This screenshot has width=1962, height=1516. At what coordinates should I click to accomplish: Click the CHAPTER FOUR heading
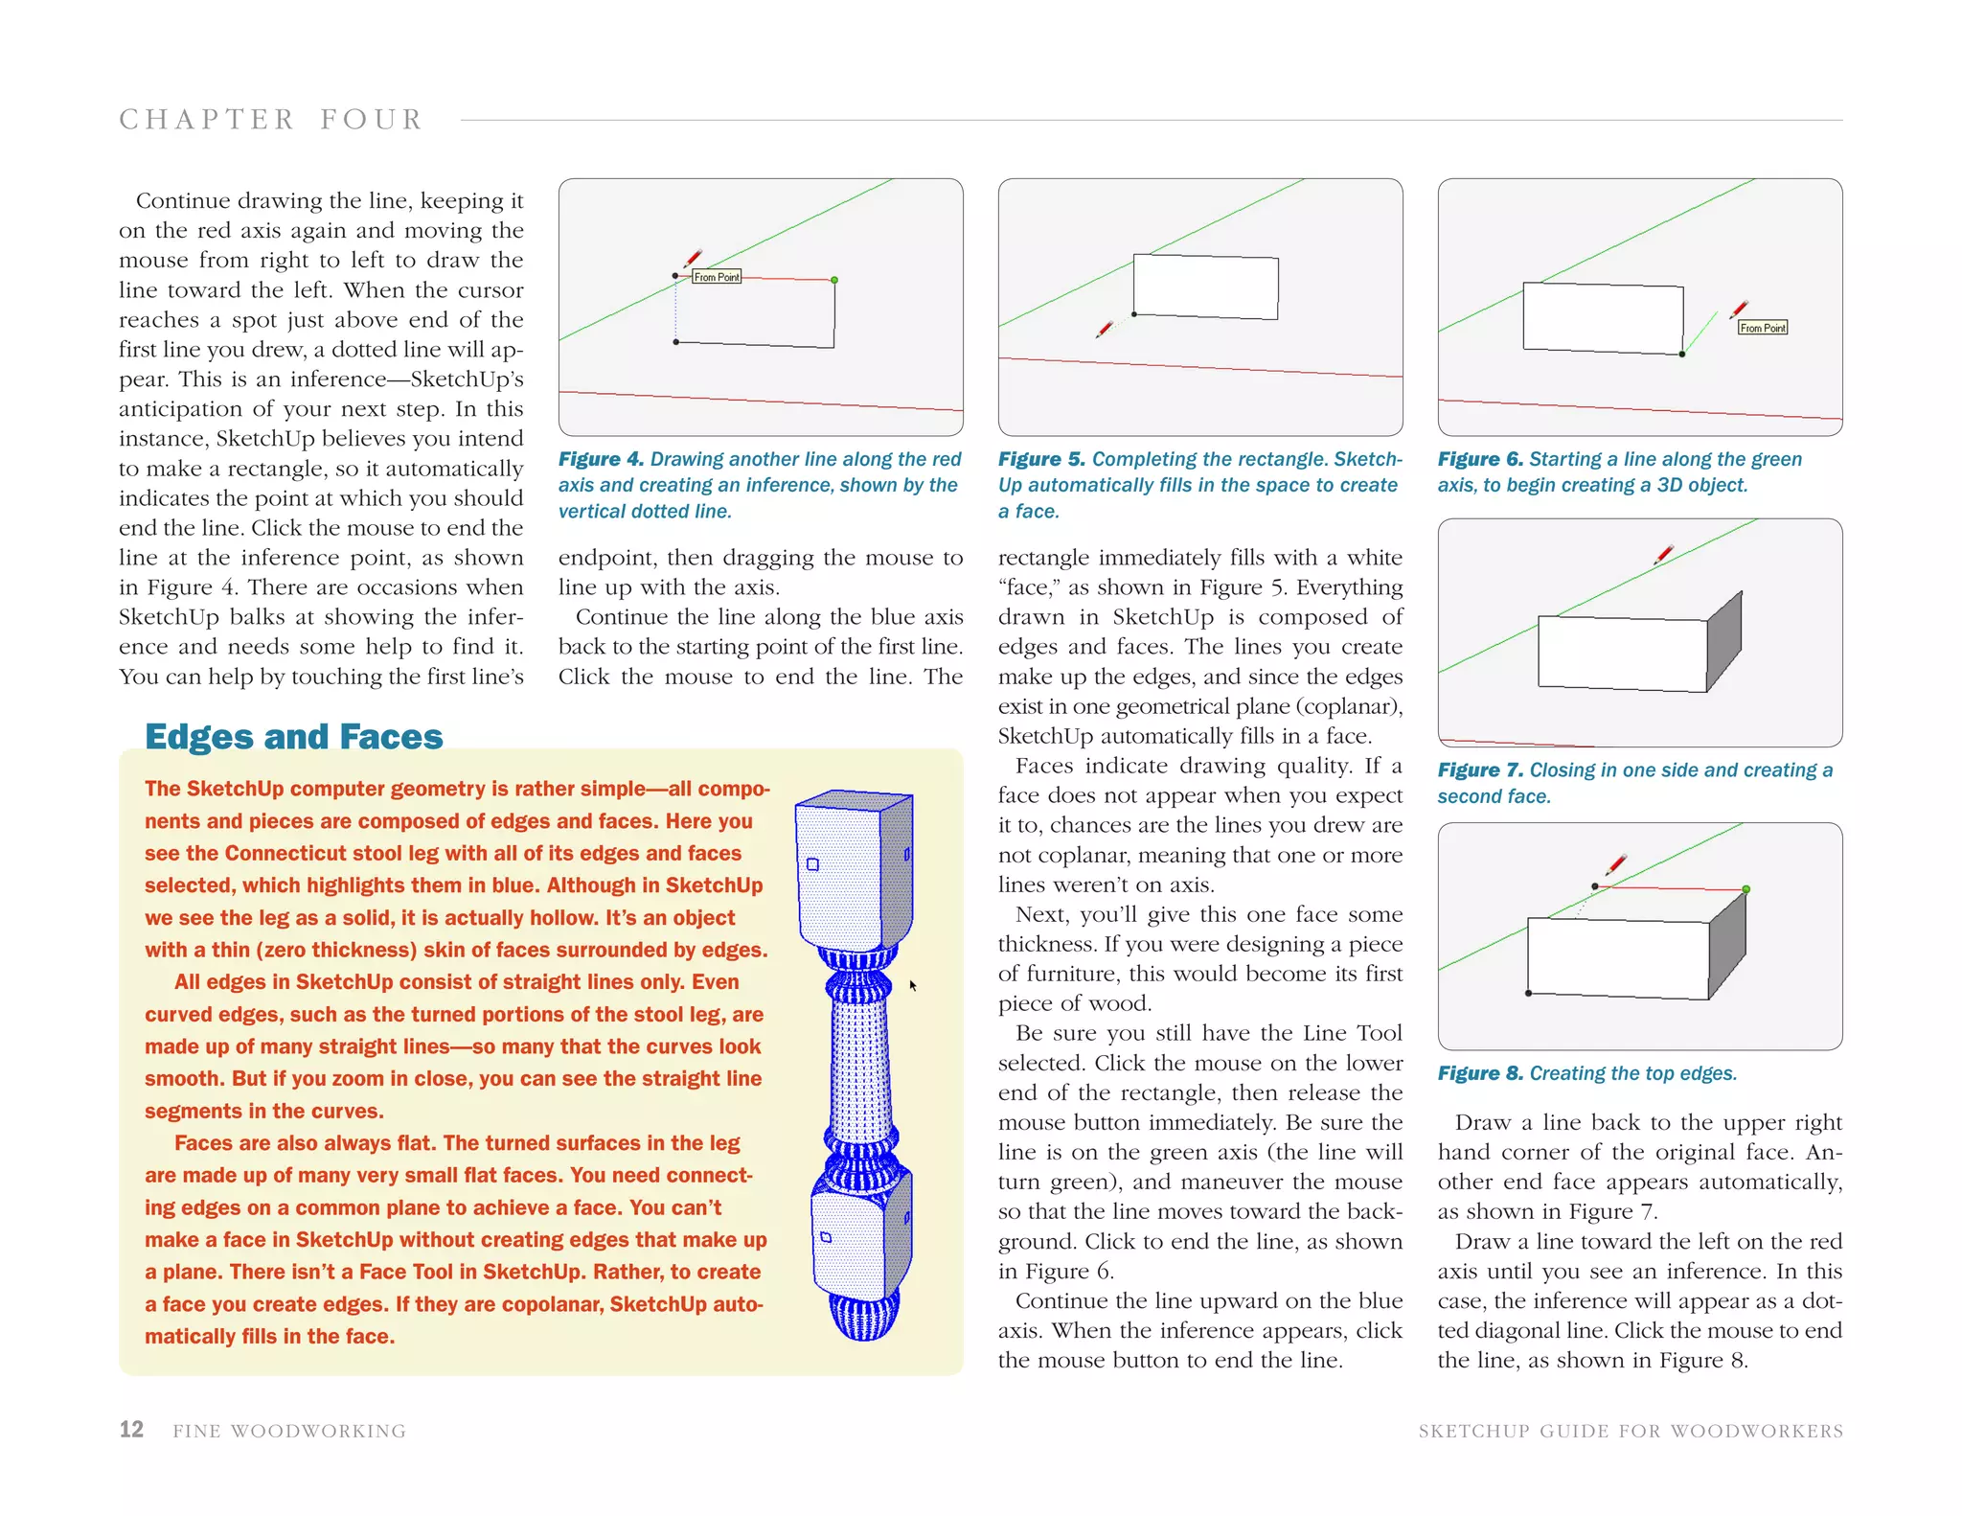[271, 120]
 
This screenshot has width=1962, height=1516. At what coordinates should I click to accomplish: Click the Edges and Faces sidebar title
[293, 736]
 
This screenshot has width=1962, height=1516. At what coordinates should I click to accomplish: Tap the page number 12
[131, 1430]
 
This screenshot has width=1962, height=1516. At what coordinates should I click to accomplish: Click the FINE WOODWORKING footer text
[289, 1431]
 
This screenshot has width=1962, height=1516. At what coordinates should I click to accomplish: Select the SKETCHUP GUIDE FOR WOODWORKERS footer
[1630, 1431]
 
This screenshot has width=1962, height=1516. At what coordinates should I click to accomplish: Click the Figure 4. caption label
[601, 460]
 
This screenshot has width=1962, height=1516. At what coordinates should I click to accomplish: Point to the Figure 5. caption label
[1040, 460]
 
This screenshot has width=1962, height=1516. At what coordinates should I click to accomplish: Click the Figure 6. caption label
[1479, 460]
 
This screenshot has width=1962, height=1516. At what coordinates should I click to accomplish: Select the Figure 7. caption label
[1479, 770]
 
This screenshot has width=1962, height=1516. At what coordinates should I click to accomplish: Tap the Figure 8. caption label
[1479, 1073]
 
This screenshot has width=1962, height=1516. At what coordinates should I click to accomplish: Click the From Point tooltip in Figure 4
[717, 277]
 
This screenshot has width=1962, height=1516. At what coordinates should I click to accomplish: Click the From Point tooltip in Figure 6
[1762, 328]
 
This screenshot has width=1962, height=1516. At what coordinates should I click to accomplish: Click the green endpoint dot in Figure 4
[834, 280]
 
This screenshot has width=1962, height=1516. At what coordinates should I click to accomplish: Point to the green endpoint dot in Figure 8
[1745, 889]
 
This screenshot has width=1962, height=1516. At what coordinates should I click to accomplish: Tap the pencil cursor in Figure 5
[1105, 329]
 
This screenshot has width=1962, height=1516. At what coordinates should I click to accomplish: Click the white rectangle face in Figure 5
[1205, 286]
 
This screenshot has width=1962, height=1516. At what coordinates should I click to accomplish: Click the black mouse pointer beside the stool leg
[913, 985]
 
